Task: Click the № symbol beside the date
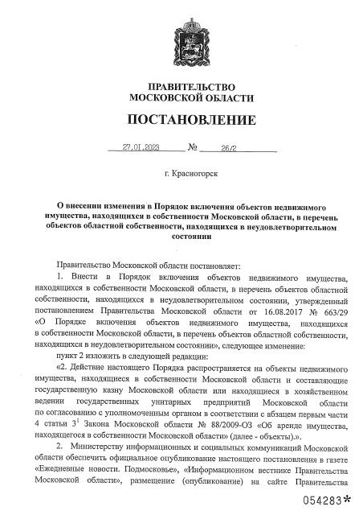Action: (x=193, y=148)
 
